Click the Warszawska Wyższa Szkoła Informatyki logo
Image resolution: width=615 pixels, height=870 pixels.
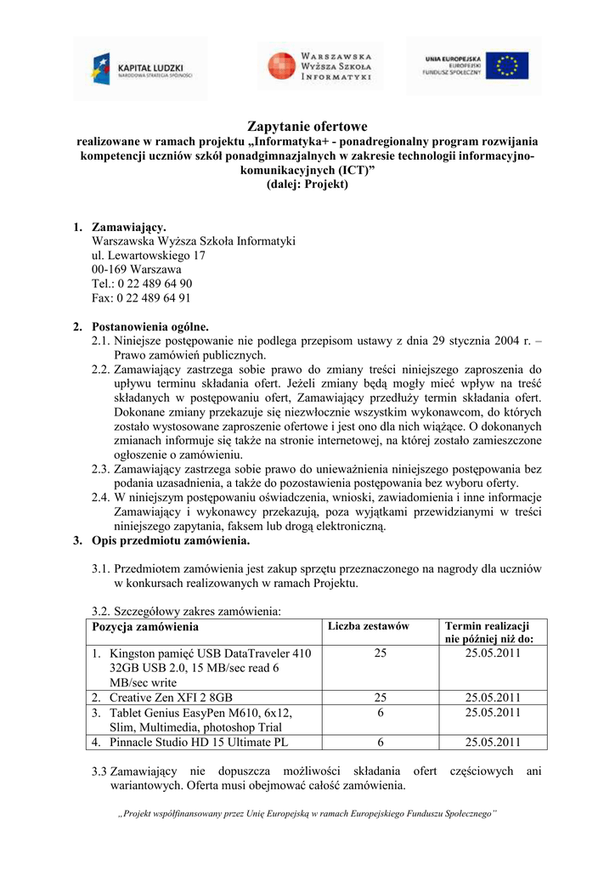pyautogui.click(x=320, y=66)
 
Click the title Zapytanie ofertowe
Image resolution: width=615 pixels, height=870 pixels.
pyautogui.click(x=307, y=126)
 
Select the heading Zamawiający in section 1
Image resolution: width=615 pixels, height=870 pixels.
pyautogui.click(x=129, y=227)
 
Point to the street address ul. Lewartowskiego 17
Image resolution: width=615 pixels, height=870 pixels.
pyautogui.click(x=149, y=255)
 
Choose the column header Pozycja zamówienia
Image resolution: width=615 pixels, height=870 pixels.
pyautogui.click(x=145, y=627)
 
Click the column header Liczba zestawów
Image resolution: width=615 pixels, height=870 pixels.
pyautogui.click(x=368, y=626)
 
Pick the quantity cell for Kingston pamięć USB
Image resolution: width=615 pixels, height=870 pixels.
pyautogui.click(x=380, y=653)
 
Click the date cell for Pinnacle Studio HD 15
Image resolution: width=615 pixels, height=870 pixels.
pyautogui.click(x=493, y=743)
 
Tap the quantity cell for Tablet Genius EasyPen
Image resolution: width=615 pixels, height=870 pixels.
pyautogui.click(x=380, y=713)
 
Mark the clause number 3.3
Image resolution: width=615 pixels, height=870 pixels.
pyautogui.click(x=99, y=771)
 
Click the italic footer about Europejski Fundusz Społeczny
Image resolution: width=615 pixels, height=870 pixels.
pyautogui.click(x=307, y=814)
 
